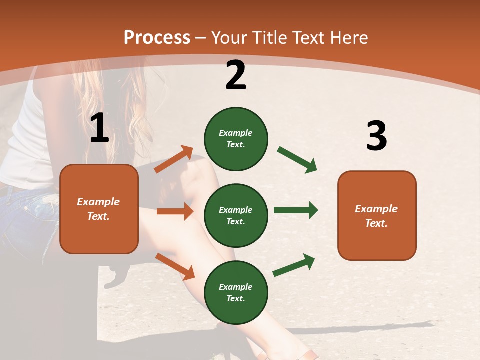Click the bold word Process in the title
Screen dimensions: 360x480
coord(157,38)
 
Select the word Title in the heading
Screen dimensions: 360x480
coord(268,38)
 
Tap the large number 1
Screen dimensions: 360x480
coord(99,128)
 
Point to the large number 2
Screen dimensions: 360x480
coord(236,75)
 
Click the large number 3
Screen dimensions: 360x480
coord(376,136)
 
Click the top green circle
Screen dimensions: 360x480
coord(236,139)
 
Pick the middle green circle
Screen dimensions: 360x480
coord(236,215)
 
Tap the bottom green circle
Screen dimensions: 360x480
coord(236,292)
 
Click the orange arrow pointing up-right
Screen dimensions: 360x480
coord(174,159)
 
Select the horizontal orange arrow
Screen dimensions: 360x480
coord(175,211)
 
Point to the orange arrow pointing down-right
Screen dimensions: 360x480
coord(175,266)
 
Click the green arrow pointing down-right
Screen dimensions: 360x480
coord(297,160)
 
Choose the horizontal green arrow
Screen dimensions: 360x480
coord(296,210)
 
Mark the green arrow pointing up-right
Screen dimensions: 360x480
coord(294,265)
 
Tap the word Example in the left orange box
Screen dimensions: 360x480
coord(98,202)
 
